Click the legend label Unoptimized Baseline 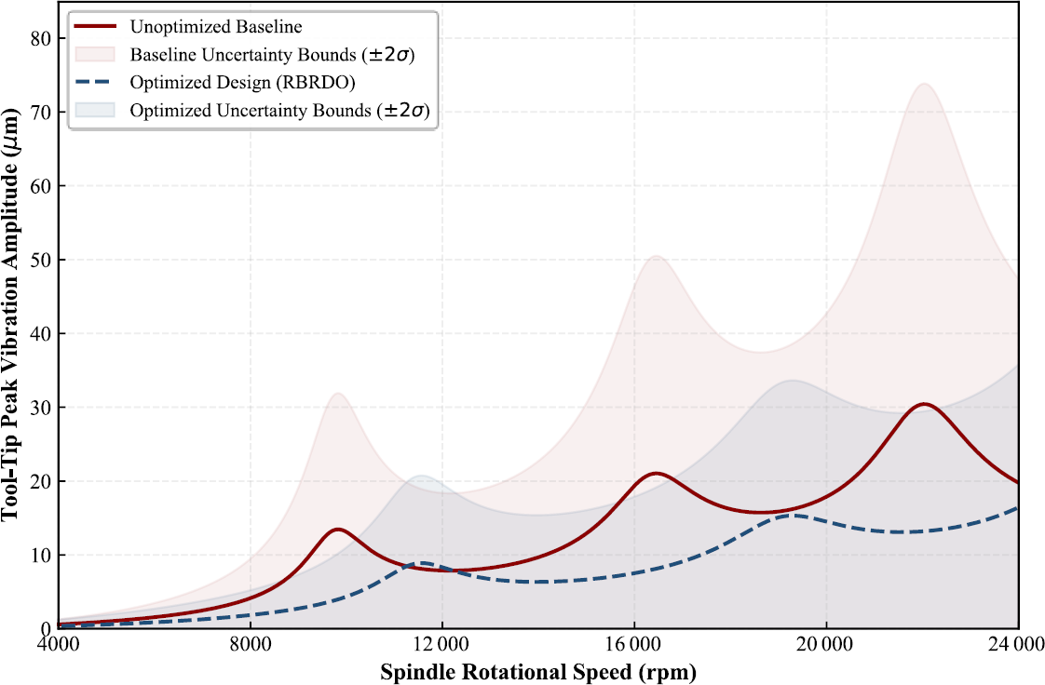216,27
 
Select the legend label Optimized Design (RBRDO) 242,82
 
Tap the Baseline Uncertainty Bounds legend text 272,54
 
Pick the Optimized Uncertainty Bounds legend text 279,110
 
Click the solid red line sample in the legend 96,27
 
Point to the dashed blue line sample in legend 96,82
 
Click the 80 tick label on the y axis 41,38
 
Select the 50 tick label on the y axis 41,260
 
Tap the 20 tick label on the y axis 41,481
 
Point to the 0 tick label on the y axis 46,628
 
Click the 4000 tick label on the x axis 59,645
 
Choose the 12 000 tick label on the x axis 441,645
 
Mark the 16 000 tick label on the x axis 633,645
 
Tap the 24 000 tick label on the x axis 1017,645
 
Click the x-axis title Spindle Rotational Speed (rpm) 538,672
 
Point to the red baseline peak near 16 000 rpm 658,474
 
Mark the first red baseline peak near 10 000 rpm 338,530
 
